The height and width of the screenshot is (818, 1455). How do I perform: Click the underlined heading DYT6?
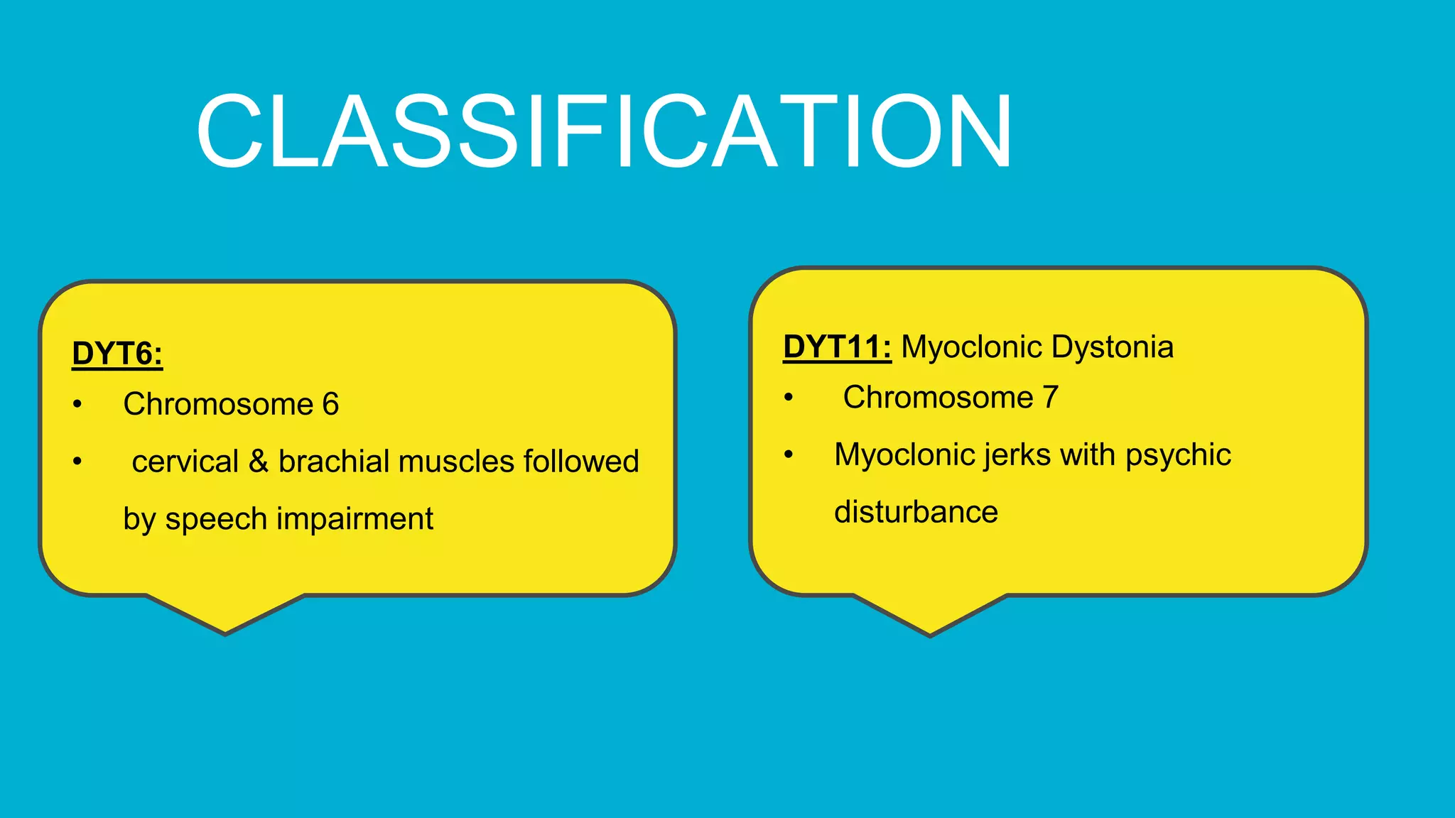tap(117, 354)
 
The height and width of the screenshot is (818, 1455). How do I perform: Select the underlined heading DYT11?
tap(837, 347)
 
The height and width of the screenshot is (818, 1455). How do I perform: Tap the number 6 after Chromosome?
tap(330, 404)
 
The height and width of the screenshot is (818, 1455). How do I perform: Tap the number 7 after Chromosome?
tap(1050, 397)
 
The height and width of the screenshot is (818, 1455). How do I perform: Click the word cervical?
tap(185, 462)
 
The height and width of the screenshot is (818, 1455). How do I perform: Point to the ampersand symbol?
tap(259, 462)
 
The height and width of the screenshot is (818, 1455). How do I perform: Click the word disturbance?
tap(916, 512)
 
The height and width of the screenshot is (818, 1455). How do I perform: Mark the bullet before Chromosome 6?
tap(77, 405)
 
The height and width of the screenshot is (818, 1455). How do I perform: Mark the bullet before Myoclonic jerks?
tap(788, 454)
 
